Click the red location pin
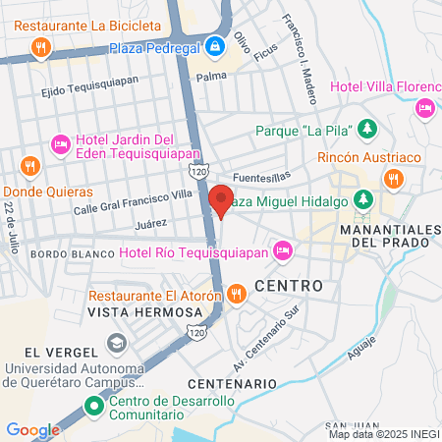221,201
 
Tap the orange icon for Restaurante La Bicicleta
39,45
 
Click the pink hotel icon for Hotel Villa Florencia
425,107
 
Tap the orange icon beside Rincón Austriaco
394,178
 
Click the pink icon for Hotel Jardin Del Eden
59,145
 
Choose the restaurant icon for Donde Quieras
29,165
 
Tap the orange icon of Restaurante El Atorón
236,294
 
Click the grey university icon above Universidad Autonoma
116,343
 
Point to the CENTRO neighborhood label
289,285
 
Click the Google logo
33,429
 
